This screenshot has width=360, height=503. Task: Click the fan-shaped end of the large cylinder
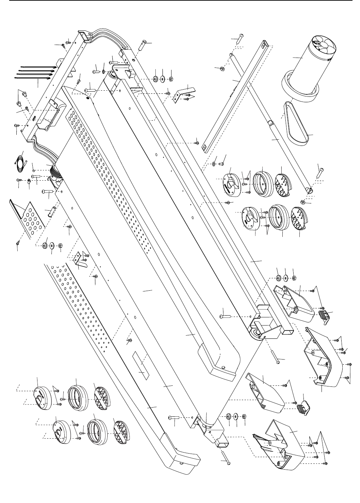pyautogui.click(x=323, y=47)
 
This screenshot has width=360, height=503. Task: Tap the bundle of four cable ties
pyautogui.click(x=34, y=72)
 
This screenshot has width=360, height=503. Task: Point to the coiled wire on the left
pyautogui.click(x=21, y=162)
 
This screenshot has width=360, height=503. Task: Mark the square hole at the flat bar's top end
pyautogui.click(x=263, y=45)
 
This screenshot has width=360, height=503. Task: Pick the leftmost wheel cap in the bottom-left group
pyautogui.click(x=43, y=397)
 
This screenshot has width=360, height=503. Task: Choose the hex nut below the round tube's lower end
pyautogui.click(x=302, y=202)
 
